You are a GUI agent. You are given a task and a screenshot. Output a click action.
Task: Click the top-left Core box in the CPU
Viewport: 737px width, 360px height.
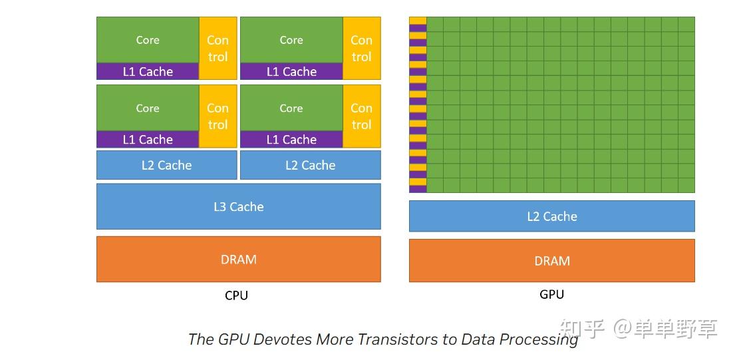click(x=148, y=40)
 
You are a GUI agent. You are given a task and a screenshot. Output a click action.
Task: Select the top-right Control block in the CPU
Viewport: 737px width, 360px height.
click(x=361, y=49)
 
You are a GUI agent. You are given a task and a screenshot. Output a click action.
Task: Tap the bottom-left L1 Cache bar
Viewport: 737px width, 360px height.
click(x=148, y=140)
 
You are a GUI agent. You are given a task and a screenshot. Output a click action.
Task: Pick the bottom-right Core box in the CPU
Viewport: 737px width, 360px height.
click(x=291, y=108)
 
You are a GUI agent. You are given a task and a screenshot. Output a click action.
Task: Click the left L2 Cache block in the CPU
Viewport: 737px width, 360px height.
click(x=166, y=165)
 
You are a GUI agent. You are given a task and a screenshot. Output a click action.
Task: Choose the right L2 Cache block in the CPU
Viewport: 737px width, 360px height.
click(x=310, y=165)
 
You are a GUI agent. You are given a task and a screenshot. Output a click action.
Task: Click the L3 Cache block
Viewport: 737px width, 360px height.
click(x=238, y=206)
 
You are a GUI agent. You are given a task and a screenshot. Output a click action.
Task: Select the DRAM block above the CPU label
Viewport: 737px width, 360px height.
click(x=238, y=259)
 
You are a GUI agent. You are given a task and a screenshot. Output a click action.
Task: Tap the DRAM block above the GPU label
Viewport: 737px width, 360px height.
click(x=551, y=261)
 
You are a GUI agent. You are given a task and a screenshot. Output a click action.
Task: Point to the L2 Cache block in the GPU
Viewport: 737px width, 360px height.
click(x=551, y=216)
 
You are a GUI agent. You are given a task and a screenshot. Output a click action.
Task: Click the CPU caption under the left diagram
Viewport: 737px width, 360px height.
click(x=236, y=295)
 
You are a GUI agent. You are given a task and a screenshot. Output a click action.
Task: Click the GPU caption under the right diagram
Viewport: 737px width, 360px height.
click(x=551, y=293)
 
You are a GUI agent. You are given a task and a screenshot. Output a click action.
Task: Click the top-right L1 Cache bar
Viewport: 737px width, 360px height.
click(x=291, y=72)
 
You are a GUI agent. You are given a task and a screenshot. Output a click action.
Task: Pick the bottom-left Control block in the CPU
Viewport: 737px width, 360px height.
click(x=218, y=116)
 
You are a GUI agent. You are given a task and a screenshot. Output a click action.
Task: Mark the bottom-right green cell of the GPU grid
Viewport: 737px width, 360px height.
click(x=686, y=185)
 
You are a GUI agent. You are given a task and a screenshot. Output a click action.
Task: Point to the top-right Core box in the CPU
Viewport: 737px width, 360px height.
click(x=291, y=40)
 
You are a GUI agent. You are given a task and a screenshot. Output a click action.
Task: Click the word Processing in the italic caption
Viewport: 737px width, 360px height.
click(x=539, y=339)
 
